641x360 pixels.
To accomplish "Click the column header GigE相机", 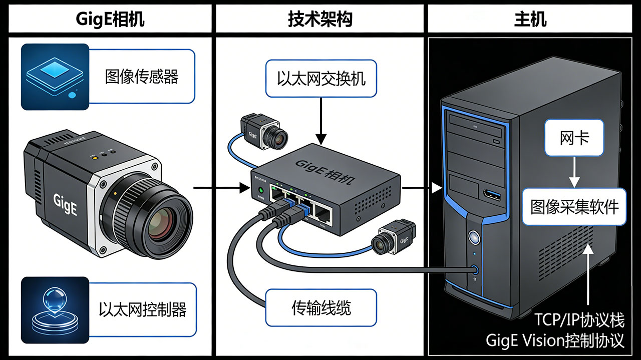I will coord(109,19).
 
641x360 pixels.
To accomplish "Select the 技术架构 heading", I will coord(320,19).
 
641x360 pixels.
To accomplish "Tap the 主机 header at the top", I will coord(530,19).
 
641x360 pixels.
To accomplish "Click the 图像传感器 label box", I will coord(142,77).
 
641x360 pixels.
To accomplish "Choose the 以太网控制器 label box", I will coord(142,309).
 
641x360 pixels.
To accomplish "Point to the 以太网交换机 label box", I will coord(321,78).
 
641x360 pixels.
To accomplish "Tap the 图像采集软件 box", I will coord(574,206).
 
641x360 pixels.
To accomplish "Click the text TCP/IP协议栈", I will coord(579,319).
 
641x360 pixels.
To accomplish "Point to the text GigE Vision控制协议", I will coord(555,341).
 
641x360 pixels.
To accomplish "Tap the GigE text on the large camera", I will coord(65,203).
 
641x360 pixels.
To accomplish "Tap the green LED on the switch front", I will coord(260,190).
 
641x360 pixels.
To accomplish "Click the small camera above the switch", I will coord(264,131).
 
